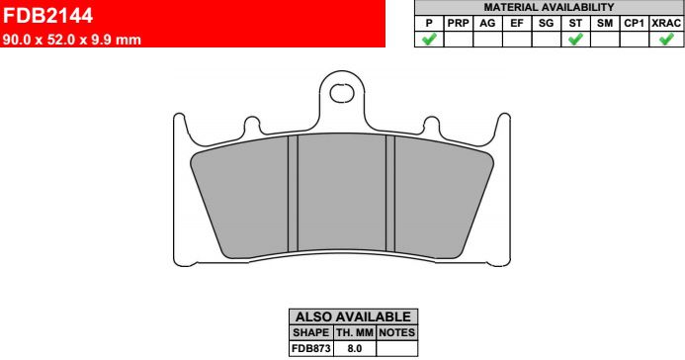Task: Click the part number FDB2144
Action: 47,16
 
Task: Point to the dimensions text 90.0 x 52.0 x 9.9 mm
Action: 71,40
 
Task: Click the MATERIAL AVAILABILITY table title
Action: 549,8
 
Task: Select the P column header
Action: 429,23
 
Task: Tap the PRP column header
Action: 459,23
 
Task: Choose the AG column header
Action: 487,23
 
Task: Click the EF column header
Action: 517,23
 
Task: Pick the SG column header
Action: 546,23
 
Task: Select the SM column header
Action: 605,23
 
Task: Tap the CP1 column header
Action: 634,23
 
